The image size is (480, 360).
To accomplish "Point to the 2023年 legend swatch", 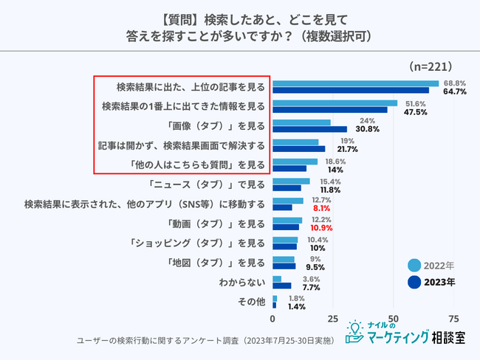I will click(414, 282).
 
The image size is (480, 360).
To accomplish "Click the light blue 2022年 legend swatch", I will click(414, 265).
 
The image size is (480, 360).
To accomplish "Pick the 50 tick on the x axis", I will click(394, 319).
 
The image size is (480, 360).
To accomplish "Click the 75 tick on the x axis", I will click(453, 319).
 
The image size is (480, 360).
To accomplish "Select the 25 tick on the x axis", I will click(333, 319).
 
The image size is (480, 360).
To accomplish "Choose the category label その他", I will click(250, 302).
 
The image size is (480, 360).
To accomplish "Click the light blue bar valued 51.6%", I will click(335, 103).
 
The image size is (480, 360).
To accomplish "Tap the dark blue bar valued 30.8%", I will click(309, 129).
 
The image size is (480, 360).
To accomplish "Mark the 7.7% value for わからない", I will click(311, 288).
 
